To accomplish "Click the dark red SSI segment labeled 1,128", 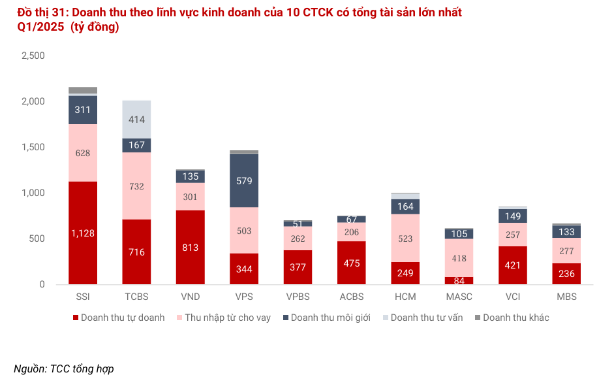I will tap(83, 233).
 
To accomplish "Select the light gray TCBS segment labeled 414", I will tap(136, 120).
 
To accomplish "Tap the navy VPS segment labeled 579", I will tap(243, 181).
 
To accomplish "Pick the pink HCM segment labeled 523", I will tap(405, 238).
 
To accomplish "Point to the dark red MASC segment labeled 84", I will tap(458, 281).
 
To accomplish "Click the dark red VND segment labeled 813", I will tap(190, 247).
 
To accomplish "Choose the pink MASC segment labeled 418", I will tap(458, 258).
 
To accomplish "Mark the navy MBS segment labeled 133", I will tap(566, 231).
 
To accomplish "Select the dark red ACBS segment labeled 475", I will tap(351, 263).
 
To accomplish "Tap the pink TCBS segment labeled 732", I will tap(136, 186).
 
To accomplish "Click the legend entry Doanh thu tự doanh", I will tap(117, 318).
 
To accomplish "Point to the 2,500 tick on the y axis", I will tap(33, 56).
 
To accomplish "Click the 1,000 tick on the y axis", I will tap(33, 193).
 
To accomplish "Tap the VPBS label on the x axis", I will tap(298, 297).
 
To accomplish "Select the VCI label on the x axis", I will tap(512, 297).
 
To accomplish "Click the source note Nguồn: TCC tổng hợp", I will tap(64, 369).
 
